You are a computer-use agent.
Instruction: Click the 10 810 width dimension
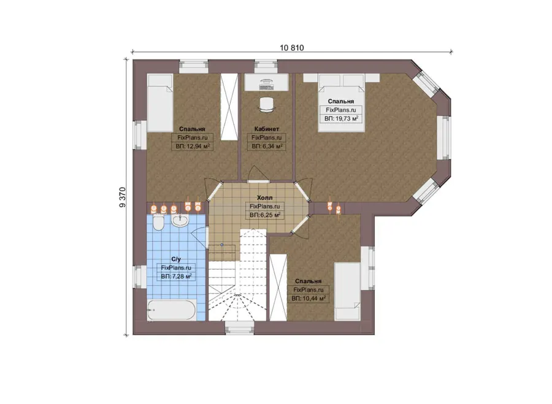pos(292,47)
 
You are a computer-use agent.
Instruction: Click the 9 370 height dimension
pos(123,197)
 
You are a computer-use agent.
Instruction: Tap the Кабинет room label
pos(267,129)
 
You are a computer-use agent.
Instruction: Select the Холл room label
pos(265,198)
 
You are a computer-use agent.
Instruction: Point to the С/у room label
pos(176,259)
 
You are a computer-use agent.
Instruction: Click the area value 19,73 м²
pos(341,118)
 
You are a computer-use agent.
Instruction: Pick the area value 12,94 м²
pos(193,146)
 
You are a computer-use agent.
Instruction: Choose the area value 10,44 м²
pos(309,299)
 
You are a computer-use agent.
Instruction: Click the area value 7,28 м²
pos(176,276)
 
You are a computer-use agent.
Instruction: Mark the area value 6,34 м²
pos(267,146)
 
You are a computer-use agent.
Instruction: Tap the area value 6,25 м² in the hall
pos(265,215)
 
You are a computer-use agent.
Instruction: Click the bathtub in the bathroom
pos(172,310)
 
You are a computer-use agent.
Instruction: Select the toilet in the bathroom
pos(158,223)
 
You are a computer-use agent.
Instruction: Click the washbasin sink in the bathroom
pos(180,220)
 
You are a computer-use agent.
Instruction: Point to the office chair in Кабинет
pos(267,104)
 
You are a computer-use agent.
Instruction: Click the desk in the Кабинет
pos(267,82)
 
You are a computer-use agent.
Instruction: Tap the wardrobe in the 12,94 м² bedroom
pos(229,107)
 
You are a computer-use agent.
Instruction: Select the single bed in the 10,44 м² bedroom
pos(347,291)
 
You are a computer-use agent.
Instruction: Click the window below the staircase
pos(239,327)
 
